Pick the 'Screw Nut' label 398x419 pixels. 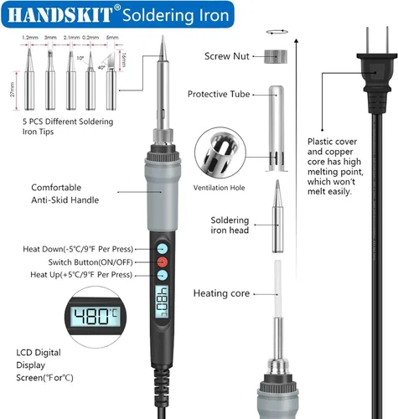pyautogui.click(x=227, y=57)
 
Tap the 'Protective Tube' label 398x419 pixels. pyautogui.click(x=220, y=94)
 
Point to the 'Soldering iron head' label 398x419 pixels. pyautogui.click(x=230, y=226)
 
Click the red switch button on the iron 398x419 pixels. pyautogui.click(x=161, y=261)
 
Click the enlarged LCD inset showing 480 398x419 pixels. pyautogui.click(x=96, y=316)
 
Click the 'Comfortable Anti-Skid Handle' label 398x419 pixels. pyautogui.click(x=65, y=194)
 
